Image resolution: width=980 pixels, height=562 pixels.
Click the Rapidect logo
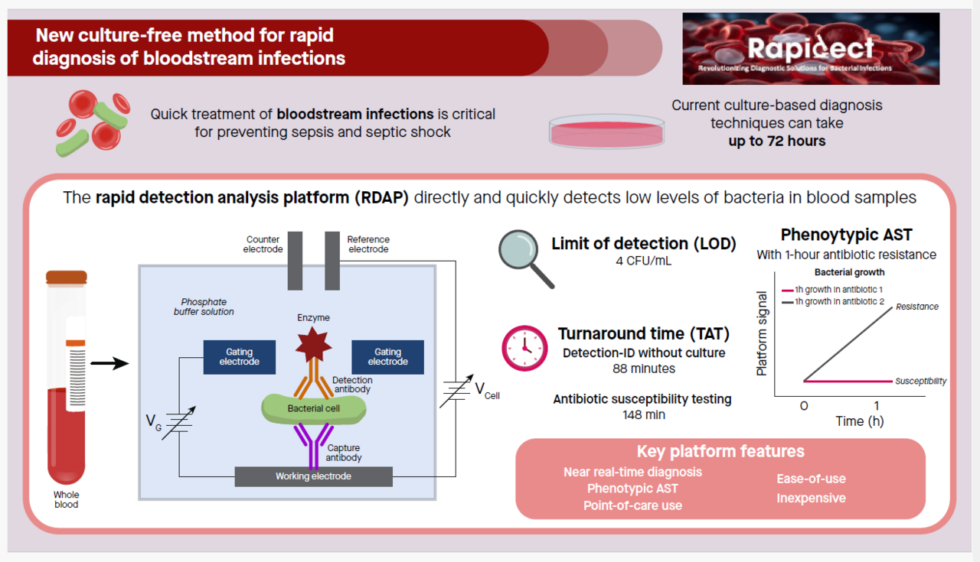pyautogui.click(x=810, y=49)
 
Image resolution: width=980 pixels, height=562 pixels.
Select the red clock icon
pyautogui.click(x=524, y=348)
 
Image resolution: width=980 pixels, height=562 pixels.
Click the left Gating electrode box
pyautogui.click(x=239, y=357)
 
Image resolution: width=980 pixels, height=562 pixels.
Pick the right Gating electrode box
pyautogui.click(x=387, y=357)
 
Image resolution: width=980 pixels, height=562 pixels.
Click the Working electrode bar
pyautogui.click(x=313, y=476)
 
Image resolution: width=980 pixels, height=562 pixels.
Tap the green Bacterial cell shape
pyautogui.click(x=313, y=408)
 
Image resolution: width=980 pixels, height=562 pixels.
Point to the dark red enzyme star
pyautogui.click(x=313, y=344)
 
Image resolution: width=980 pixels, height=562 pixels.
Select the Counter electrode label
pyautogui.click(x=263, y=244)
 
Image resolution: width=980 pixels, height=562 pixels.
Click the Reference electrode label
pyautogui.click(x=368, y=244)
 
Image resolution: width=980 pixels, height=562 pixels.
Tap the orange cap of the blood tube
pyautogui.click(x=67, y=277)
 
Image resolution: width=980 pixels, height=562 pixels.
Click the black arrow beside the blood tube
pyautogui.click(x=109, y=363)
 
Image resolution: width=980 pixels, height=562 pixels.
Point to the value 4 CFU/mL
pyautogui.click(x=643, y=262)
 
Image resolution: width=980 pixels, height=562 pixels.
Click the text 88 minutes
pyautogui.click(x=643, y=369)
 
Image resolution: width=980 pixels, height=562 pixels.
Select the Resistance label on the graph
pyautogui.click(x=916, y=307)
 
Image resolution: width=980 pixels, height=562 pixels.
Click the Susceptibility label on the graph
pyautogui.click(x=920, y=381)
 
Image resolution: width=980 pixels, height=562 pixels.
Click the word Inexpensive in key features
pyautogui.click(x=811, y=499)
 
